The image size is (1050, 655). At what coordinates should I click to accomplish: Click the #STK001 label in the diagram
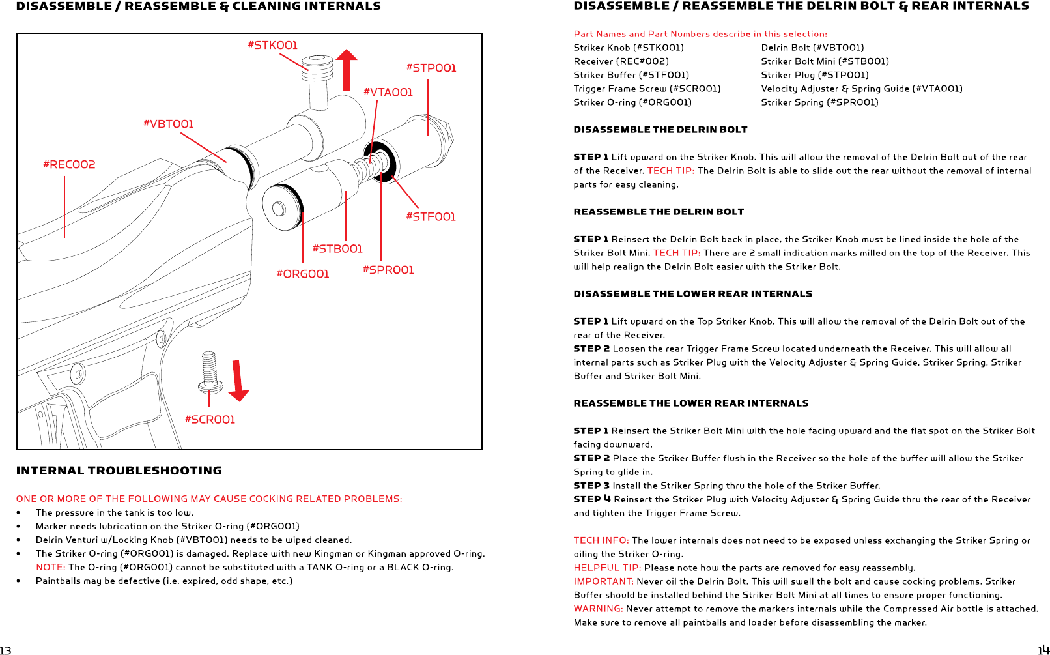click(272, 45)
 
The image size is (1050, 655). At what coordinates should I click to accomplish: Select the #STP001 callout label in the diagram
click(431, 68)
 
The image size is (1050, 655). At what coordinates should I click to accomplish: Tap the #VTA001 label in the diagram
click(388, 93)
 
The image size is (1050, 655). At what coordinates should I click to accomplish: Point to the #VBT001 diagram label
click(169, 124)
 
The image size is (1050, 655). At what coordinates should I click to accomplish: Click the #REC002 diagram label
click(69, 164)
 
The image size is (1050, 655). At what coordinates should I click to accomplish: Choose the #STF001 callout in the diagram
click(431, 216)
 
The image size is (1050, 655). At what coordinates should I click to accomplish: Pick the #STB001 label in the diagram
click(337, 248)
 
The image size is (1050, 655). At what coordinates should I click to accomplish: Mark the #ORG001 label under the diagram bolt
click(303, 274)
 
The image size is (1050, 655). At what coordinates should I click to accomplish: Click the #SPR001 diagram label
click(388, 270)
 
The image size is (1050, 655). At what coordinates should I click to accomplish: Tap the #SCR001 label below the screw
click(210, 420)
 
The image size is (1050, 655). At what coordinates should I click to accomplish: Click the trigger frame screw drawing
click(210, 373)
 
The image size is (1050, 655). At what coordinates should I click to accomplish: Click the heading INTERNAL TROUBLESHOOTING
click(119, 471)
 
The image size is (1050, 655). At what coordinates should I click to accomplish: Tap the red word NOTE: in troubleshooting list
click(51, 567)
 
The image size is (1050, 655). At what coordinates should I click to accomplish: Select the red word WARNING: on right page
click(598, 609)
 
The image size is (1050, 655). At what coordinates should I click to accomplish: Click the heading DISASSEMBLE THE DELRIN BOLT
click(660, 130)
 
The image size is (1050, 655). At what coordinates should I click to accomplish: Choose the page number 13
click(6, 650)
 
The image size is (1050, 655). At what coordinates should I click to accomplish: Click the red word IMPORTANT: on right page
click(603, 581)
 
